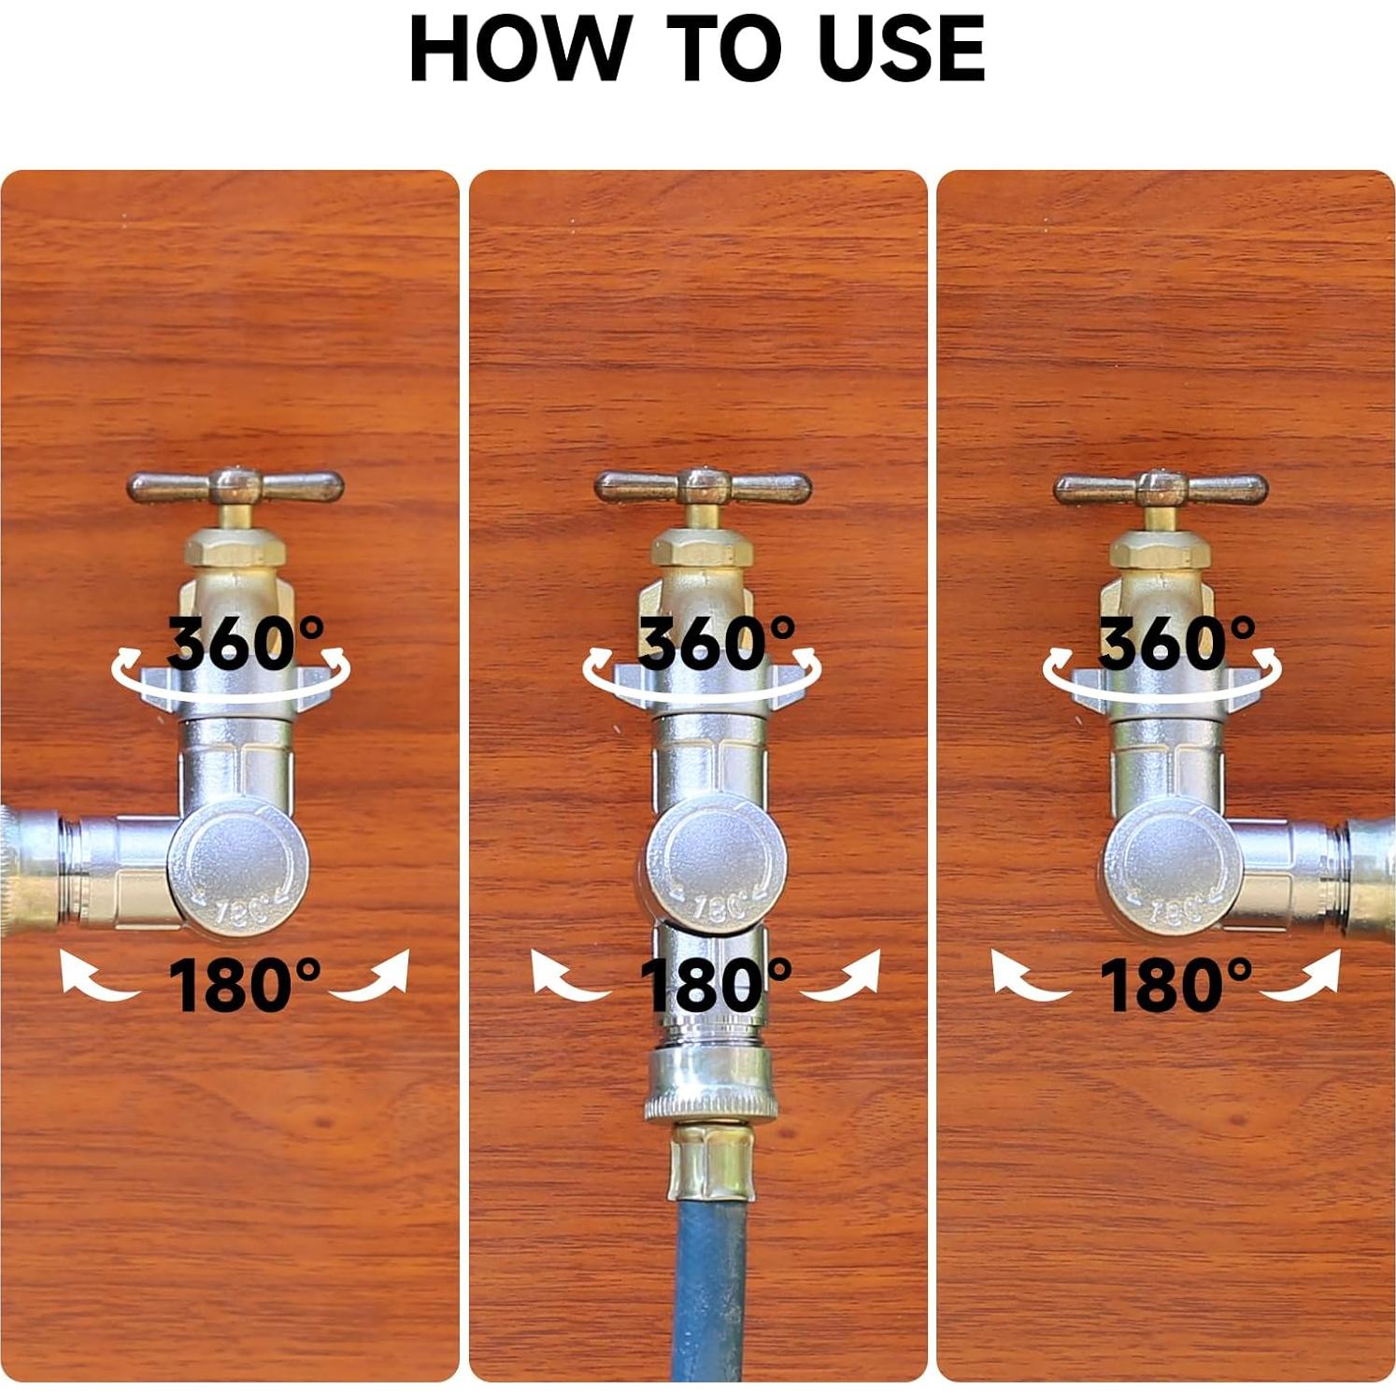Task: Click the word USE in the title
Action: click(901, 49)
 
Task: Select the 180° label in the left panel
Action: click(245, 985)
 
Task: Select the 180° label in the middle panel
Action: click(716, 985)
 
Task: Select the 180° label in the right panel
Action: click(1175, 985)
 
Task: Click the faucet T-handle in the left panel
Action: click(235, 487)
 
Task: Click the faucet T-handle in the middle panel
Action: click(704, 487)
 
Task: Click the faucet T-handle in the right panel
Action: click(1161, 489)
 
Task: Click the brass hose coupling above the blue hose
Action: click(710, 1164)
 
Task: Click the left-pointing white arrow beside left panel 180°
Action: click(93, 977)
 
